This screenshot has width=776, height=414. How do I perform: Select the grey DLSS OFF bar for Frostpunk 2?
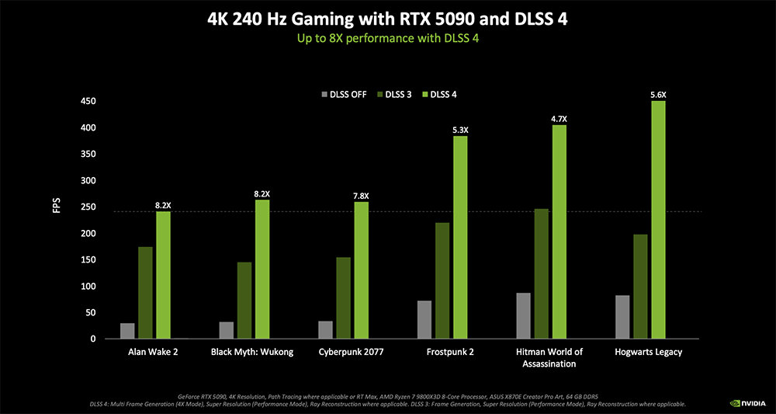(424, 319)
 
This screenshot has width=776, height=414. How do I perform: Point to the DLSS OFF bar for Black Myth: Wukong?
(227, 330)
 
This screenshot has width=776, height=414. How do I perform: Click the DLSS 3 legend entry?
(395, 95)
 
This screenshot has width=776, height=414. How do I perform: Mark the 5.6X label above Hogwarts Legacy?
(658, 95)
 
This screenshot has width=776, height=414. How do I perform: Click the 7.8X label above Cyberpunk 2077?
(361, 196)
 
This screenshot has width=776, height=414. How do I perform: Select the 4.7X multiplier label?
(559, 119)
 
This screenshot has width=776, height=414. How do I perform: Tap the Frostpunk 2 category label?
(450, 352)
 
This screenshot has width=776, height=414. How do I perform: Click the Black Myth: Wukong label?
(252, 352)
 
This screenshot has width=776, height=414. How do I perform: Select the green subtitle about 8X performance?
(387, 38)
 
